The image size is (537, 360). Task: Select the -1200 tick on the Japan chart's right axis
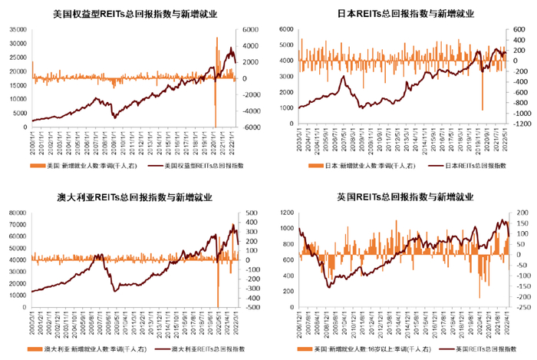pyautogui.click(x=519, y=124)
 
